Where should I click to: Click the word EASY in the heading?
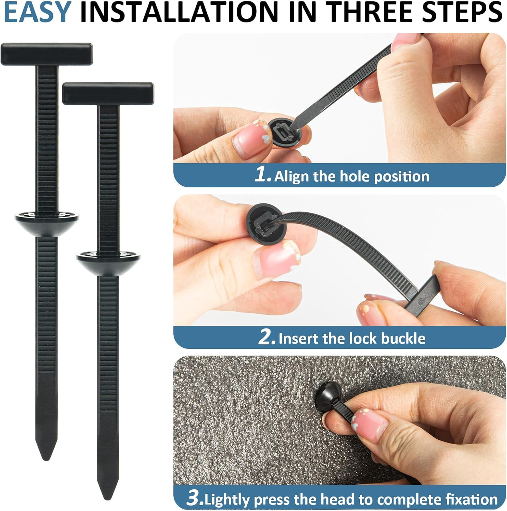pos(37,12)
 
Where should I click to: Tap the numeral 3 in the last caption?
pos(195,498)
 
